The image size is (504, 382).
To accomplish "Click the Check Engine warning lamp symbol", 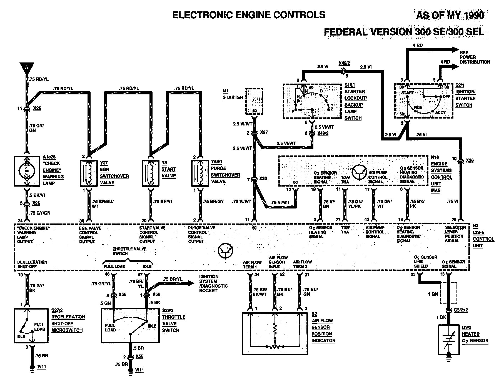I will tap(27, 171).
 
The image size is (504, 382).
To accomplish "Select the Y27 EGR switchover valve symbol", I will tap(89, 173).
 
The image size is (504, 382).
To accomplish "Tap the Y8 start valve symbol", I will tap(150, 173).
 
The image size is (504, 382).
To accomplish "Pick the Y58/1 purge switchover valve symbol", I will tap(200, 173).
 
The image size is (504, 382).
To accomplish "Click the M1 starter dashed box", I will tap(254, 101).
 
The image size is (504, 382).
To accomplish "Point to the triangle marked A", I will tap(27, 67).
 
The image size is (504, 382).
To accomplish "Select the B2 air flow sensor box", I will tap(275, 333).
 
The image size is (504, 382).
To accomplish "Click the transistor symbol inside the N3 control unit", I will tap(225, 251).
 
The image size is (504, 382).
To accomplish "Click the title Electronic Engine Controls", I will tap(249, 15).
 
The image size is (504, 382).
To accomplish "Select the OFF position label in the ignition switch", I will tap(446, 97).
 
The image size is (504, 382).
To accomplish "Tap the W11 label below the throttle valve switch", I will tap(139, 370).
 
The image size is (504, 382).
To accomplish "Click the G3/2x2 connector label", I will tap(461, 310).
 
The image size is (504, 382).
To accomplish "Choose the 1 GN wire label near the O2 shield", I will tap(433, 294).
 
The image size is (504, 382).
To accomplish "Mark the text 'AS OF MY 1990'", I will tap(450, 15).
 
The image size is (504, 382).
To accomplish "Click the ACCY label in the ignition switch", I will tap(440, 112).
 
